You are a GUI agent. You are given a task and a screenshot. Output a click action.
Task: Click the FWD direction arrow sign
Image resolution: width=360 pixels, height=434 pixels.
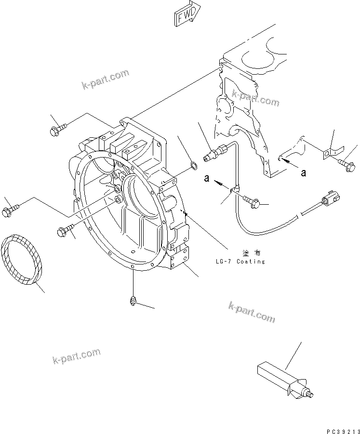pos(186,15)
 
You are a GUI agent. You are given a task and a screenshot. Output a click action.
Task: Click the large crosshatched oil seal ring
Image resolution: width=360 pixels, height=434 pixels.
pos(23,260)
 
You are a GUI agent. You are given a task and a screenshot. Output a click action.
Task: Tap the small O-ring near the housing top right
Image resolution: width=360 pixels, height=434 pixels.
pos(193,167)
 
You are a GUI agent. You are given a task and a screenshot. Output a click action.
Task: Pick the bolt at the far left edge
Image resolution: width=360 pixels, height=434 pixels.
pos(10,210)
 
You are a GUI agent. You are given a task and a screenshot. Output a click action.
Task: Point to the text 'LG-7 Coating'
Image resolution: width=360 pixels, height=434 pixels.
pos(240,262)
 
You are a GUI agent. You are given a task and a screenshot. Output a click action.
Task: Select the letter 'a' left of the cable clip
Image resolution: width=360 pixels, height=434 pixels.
pos(206,178)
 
